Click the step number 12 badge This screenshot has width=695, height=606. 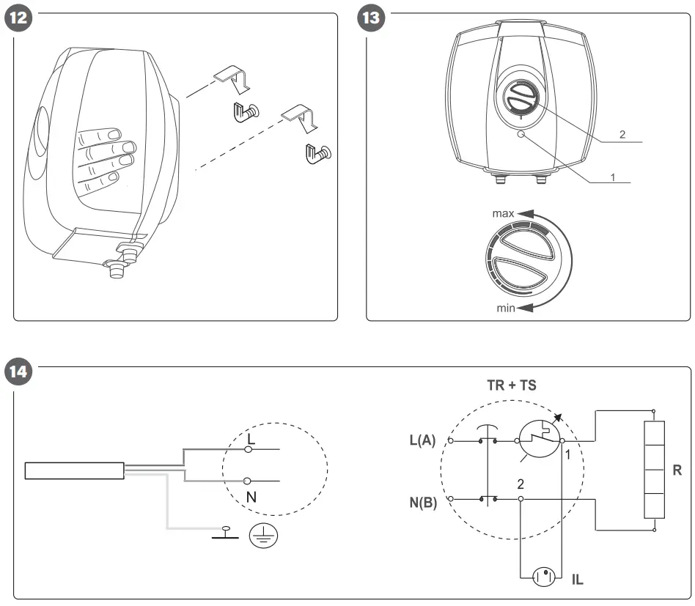point(19,18)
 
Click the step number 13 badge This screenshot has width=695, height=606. point(372,18)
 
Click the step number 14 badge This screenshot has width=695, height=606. point(19,372)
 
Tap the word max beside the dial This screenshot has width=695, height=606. point(503,214)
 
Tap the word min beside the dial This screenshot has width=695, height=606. point(506,308)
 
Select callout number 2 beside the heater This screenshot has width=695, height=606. point(622,135)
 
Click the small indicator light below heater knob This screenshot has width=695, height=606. point(521,135)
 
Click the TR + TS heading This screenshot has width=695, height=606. point(512,385)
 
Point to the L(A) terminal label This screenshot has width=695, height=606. point(423,440)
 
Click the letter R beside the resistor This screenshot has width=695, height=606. point(677,471)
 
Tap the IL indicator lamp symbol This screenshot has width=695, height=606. point(544,576)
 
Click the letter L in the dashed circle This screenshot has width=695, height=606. point(251,438)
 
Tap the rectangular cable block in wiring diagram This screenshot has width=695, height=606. point(73,470)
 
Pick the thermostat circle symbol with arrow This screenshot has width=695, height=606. point(539,440)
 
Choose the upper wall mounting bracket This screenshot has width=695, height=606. point(230,78)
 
